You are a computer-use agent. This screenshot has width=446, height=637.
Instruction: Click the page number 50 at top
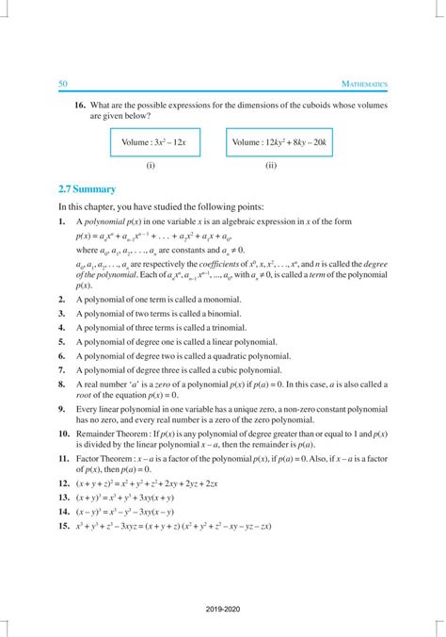coord(63,84)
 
